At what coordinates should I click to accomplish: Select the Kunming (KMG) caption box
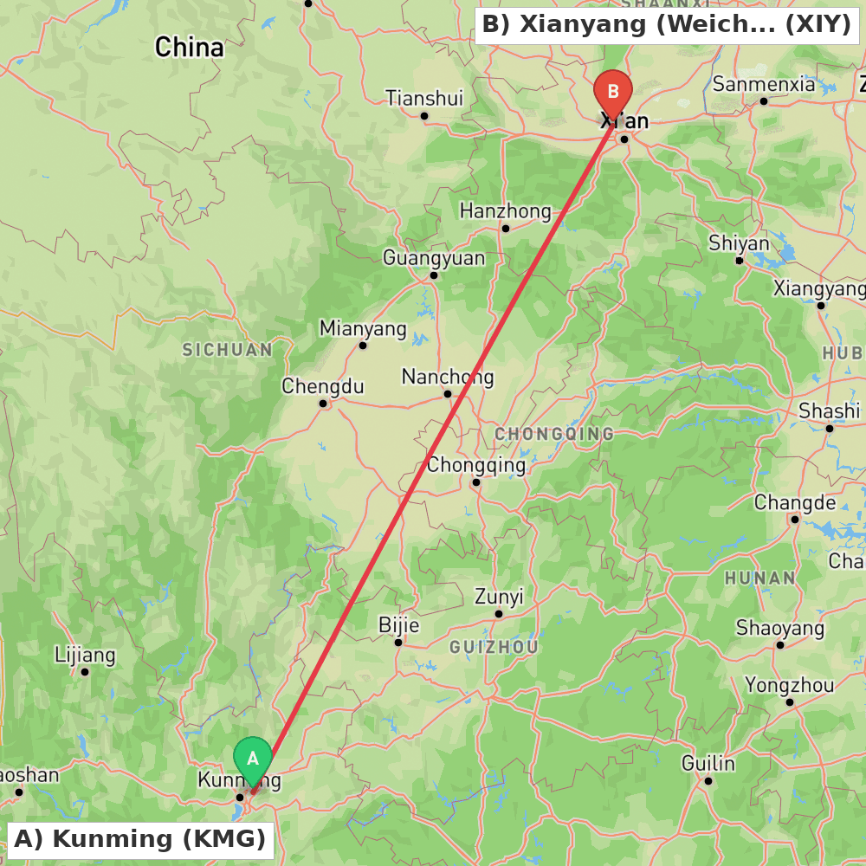point(140,839)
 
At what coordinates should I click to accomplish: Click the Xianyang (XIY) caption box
point(666,24)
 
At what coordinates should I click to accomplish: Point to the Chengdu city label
point(323,386)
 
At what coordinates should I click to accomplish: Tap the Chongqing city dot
point(476,482)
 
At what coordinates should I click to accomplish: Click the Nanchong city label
point(448,377)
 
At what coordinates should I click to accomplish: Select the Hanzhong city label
point(505,210)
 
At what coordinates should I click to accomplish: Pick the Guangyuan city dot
point(434,275)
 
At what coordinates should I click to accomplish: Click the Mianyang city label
point(363,328)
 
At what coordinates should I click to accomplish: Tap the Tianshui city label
point(424,98)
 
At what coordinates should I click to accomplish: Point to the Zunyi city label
point(499,597)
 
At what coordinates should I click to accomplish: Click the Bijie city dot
point(398,643)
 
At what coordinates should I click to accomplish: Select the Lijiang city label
point(85,655)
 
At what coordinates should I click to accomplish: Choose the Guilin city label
point(708,763)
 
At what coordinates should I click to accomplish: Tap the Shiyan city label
point(739,243)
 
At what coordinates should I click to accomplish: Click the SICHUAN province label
point(227,350)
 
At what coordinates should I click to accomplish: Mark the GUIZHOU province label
point(494,647)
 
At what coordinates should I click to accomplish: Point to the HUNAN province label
point(759,578)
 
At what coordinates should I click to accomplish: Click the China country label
point(189,47)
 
